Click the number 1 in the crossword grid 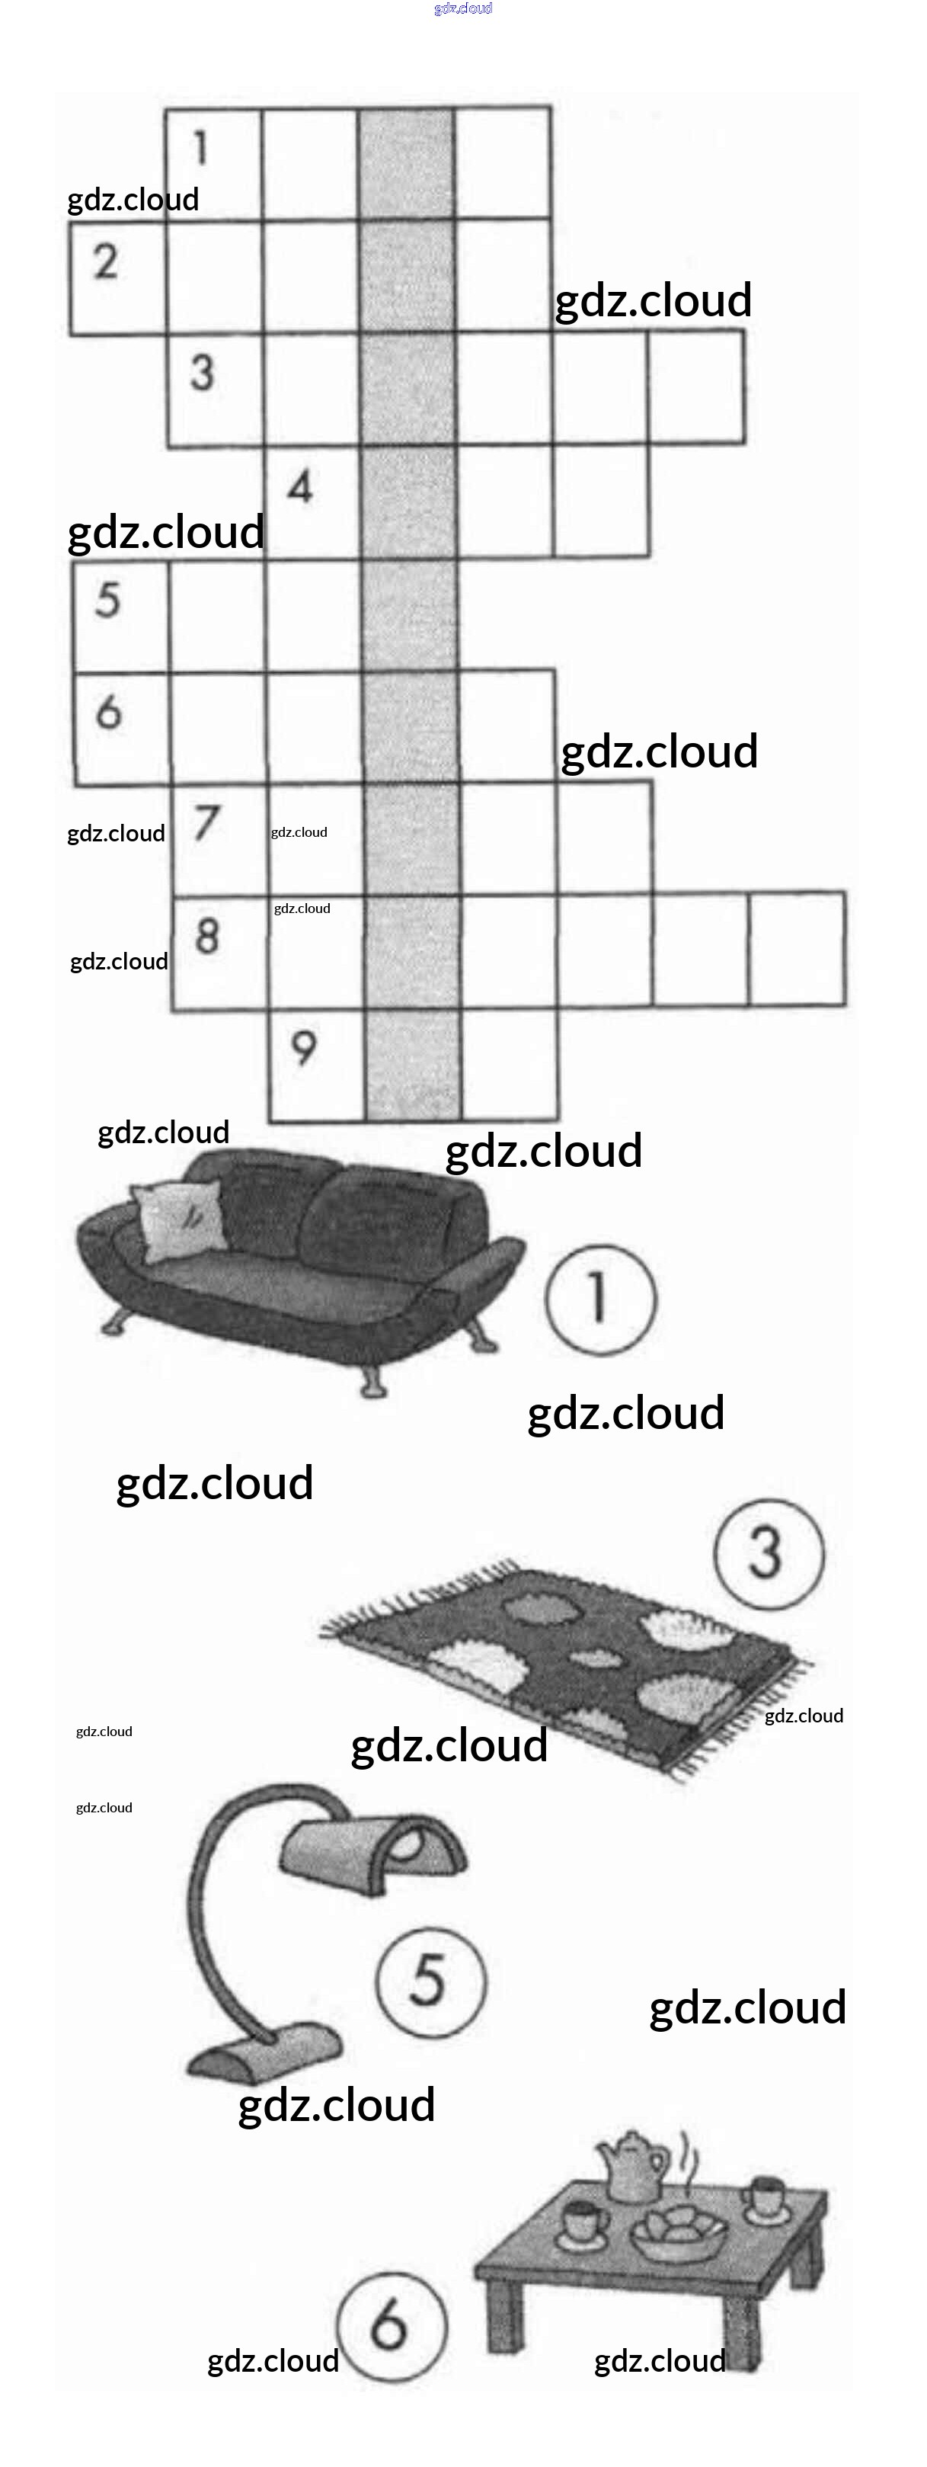(200, 149)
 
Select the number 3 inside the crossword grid (201, 373)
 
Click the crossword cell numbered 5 (107, 600)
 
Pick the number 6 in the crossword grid (108, 712)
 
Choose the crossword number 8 (207, 936)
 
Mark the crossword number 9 (304, 1048)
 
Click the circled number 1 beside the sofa (600, 1299)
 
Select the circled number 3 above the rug (767, 1552)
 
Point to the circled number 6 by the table (391, 2324)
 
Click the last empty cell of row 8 (797, 948)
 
